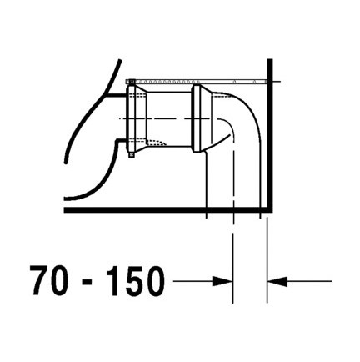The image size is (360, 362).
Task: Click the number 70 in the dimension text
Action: (49, 280)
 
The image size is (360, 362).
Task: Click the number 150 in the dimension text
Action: (135, 280)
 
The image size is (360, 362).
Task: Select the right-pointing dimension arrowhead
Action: (222, 281)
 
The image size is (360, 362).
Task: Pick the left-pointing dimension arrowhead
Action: (277, 281)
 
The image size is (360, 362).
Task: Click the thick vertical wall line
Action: (270, 135)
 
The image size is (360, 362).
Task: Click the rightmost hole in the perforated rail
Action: (254, 82)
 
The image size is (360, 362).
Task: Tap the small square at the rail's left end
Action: (132, 82)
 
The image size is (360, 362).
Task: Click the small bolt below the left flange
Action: (132, 154)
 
